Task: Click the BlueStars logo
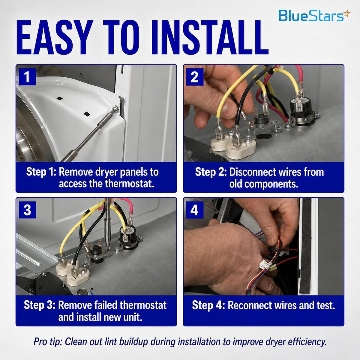coord(314,16)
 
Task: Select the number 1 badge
coord(27,77)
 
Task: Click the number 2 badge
coord(195,77)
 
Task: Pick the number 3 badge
coord(27,210)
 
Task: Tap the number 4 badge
coord(195,210)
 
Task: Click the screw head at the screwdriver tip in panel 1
coord(116,109)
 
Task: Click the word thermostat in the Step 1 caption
coord(129,184)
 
